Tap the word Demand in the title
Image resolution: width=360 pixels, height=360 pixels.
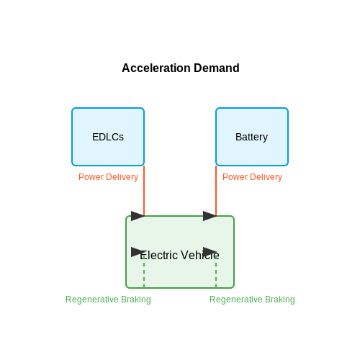tap(217, 68)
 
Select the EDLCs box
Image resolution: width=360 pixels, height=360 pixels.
tap(108, 137)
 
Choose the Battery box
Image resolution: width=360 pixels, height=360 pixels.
tap(252, 137)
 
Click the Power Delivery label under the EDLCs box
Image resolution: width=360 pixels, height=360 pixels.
tap(108, 177)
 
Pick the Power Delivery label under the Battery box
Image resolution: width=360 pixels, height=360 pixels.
tap(252, 177)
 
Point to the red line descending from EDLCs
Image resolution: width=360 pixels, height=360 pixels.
tap(144, 191)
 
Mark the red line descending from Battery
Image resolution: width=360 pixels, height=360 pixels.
tap(216, 191)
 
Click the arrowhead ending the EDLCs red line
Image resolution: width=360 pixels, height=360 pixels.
tap(138, 216)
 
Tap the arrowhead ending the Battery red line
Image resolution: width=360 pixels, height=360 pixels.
tap(210, 216)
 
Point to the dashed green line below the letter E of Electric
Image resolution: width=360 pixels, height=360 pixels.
tap(144, 272)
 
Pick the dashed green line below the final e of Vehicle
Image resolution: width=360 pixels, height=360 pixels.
tap(216, 272)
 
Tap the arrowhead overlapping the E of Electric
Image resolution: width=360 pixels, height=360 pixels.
tap(138, 252)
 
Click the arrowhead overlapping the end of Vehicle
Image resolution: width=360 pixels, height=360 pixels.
tap(210, 252)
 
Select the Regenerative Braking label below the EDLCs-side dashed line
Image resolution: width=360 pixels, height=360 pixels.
tap(108, 300)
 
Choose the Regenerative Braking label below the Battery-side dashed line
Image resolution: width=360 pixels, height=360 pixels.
tap(252, 300)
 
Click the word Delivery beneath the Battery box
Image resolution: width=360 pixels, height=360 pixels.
tap(266, 177)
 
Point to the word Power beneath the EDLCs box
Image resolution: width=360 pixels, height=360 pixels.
tap(91, 177)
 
